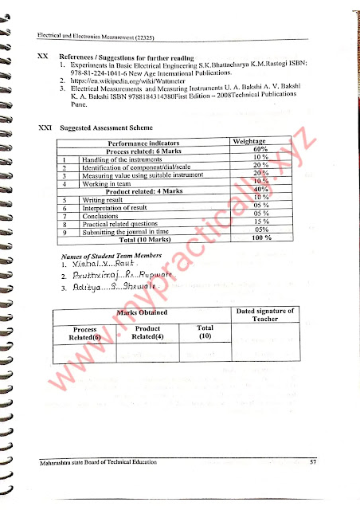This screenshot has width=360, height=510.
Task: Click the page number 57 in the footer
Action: pos(314,462)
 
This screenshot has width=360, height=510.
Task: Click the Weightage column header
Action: pos(254,141)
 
